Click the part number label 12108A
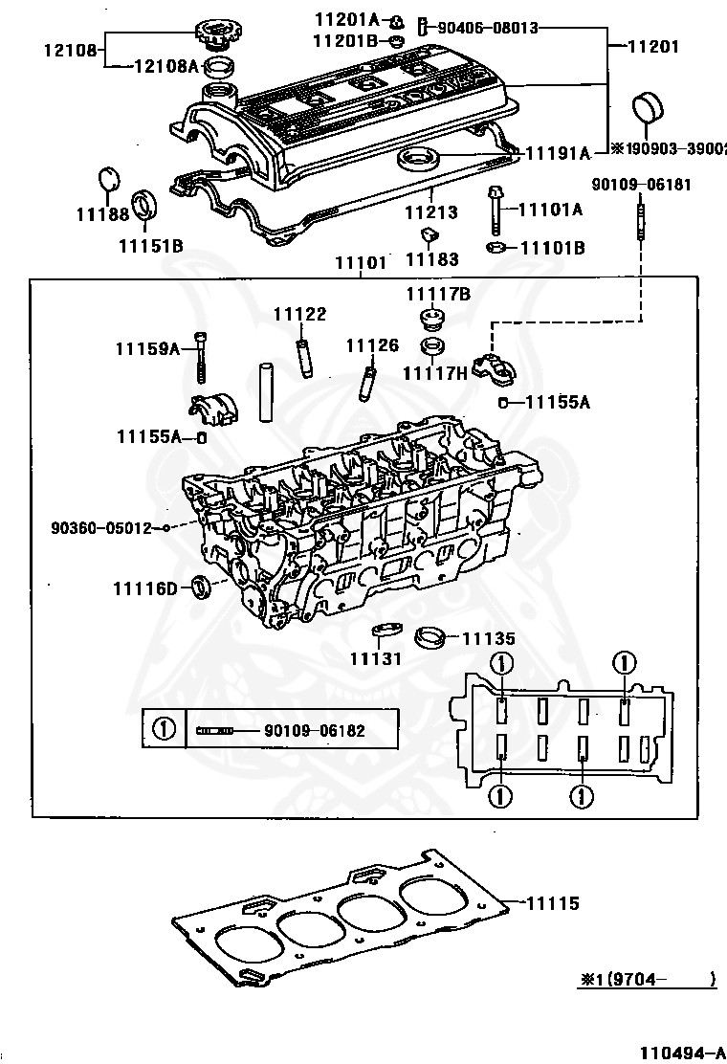165,65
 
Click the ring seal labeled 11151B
145,205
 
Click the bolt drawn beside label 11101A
496,209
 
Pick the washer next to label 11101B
496,248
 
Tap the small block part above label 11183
430,234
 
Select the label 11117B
437,295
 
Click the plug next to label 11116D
200,586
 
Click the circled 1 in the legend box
165,730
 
